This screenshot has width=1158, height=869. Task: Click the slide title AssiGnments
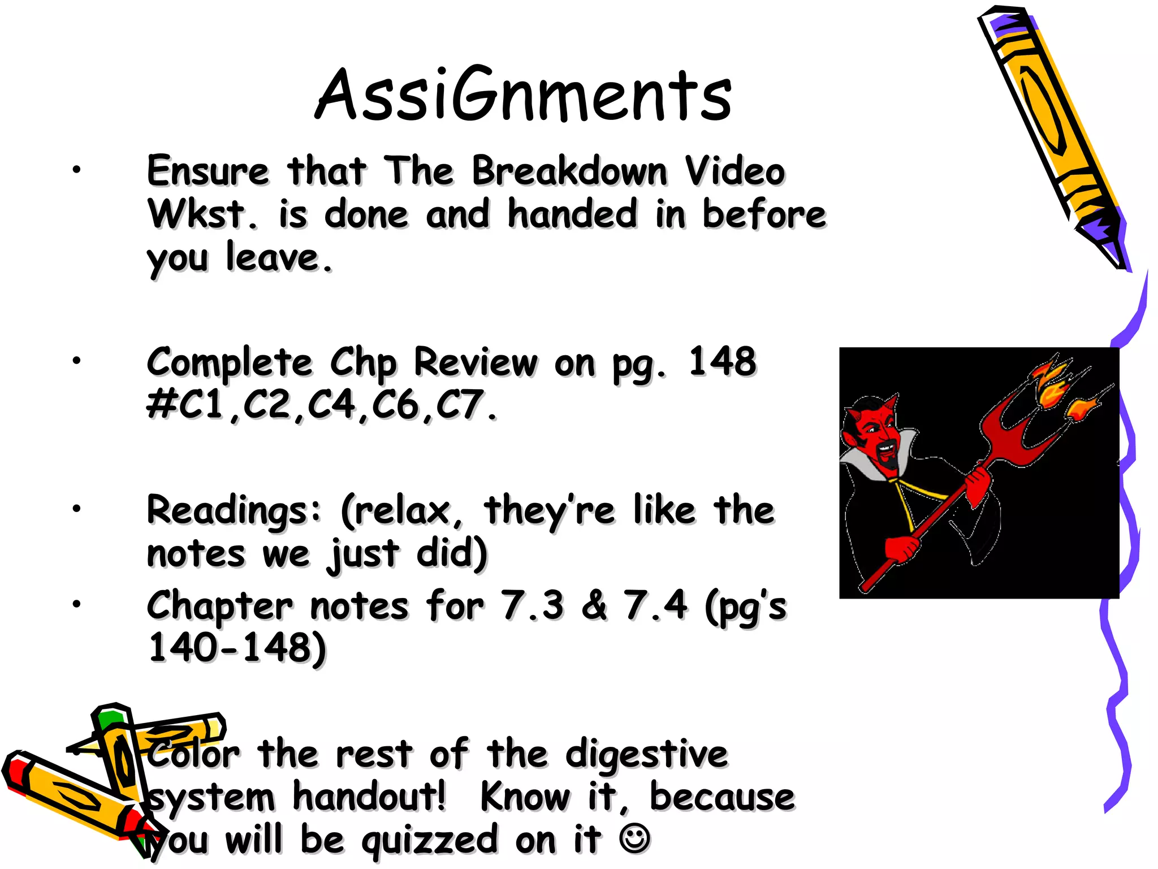(523, 94)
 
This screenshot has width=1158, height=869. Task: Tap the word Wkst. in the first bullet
(202, 214)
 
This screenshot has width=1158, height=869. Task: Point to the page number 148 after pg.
(722, 362)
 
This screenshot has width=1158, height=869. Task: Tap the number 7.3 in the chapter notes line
(532, 605)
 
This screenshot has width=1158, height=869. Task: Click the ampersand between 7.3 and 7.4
(594, 605)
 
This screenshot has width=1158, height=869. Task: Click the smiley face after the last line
(634, 838)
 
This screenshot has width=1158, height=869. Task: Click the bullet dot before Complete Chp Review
(76, 360)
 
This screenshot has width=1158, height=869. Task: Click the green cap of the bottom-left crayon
(111, 719)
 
